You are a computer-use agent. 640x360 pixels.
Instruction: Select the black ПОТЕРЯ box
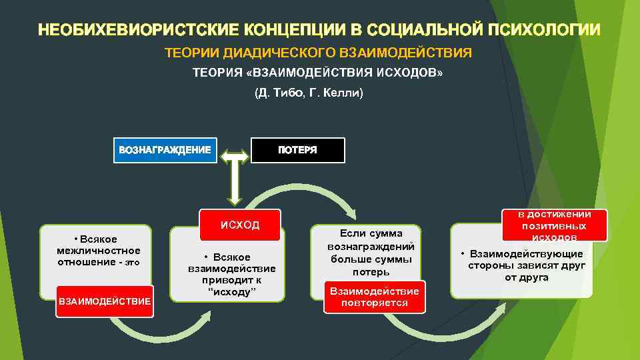coord(297,150)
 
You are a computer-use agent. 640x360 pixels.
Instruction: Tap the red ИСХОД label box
coord(240,225)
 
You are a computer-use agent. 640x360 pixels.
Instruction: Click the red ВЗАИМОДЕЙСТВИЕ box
coord(105,301)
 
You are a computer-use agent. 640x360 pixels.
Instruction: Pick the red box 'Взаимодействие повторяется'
coord(375,297)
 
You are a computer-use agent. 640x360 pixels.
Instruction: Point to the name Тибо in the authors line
coord(289,93)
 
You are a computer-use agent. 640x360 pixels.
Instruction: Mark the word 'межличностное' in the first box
coord(99,251)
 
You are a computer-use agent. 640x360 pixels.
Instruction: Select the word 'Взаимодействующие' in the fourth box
coord(526,254)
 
